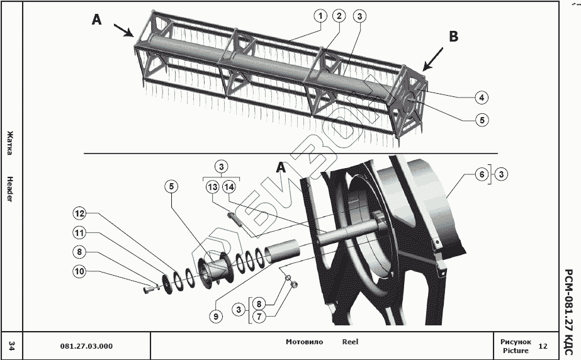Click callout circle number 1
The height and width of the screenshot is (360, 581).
[x=321, y=16]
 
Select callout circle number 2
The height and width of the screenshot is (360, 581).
[x=339, y=16]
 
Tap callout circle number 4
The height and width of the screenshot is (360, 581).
[x=481, y=98]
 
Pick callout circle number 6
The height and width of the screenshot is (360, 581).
[x=482, y=175]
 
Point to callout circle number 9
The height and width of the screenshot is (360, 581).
[x=216, y=317]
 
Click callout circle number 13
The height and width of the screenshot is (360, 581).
[x=212, y=187]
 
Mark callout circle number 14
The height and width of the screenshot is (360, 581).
[x=228, y=187]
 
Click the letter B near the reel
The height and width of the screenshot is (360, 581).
[x=453, y=37]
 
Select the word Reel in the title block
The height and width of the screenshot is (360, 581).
[x=350, y=342]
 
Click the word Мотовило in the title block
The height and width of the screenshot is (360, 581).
[x=304, y=342]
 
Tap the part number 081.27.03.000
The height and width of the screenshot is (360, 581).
[x=86, y=346]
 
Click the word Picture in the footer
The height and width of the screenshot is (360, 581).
[x=515, y=351]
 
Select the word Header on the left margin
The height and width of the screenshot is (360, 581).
[x=10, y=189]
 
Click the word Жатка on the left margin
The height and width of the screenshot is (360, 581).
[x=10, y=143]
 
